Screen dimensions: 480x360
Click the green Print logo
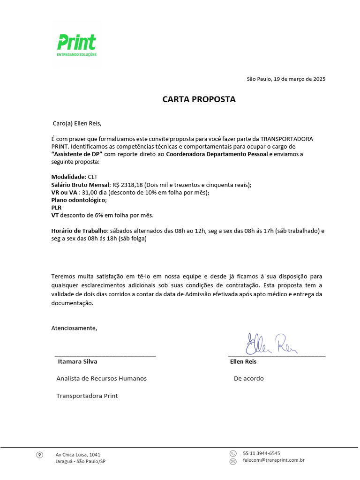pos(76,45)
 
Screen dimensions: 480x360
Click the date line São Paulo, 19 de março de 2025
pos(286,79)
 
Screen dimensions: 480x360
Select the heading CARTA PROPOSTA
pos(199,99)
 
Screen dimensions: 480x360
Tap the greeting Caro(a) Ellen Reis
pos(76,124)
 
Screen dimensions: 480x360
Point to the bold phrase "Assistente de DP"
pos(77,154)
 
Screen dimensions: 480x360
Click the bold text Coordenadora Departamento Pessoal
pos(217,154)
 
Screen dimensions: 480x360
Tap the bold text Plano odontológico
pos(79,200)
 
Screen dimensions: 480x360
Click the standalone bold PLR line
pos(56,208)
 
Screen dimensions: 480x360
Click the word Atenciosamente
pos(74,328)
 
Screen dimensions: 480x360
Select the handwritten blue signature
pos(271,345)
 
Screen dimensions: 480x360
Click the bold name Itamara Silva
pos(77,361)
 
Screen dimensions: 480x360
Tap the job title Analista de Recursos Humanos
pos(101,378)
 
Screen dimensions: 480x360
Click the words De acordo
pos(248,378)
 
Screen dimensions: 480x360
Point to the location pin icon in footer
pos(40,455)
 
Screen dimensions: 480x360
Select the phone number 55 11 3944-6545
pos(262,453)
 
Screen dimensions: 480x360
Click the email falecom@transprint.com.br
pos(274,461)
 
